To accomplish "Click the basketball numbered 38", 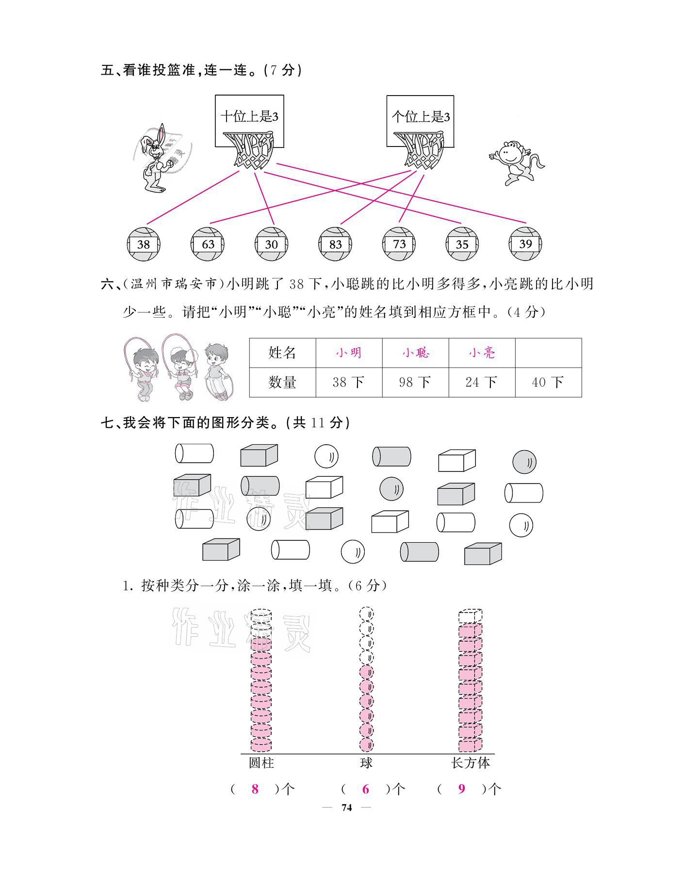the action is (x=144, y=244).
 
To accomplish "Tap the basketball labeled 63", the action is (x=208, y=244).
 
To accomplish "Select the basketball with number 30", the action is (x=271, y=244).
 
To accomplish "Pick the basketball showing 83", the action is (x=335, y=244).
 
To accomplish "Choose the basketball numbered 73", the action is (x=399, y=243).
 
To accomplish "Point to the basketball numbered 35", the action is (x=462, y=244).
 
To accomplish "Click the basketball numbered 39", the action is (x=525, y=243).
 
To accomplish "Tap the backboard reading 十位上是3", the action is (x=249, y=117).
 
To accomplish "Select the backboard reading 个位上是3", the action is (x=421, y=117).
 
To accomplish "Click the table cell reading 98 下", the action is (x=415, y=383).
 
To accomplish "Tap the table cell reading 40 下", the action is (x=548, y=383).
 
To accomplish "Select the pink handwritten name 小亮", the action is (x=482, y=353).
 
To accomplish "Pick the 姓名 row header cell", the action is (x=282, y=353).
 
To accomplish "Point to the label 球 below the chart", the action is (x=366, y=763).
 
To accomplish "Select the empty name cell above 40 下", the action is (x=548, y=353).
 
